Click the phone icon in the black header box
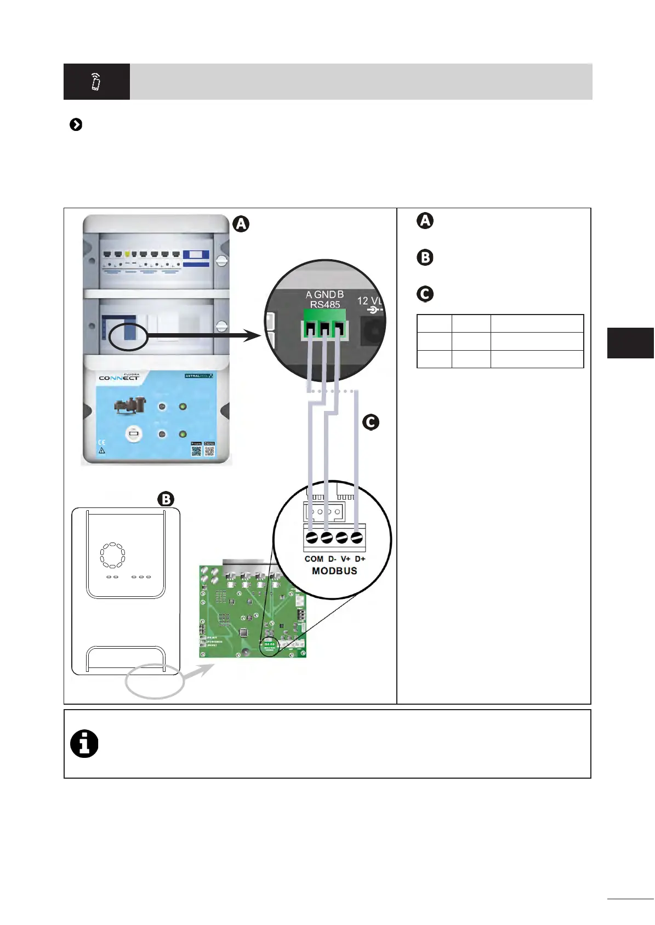point(96,82)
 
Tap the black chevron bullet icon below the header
point(76,125)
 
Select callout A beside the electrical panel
point(241,224)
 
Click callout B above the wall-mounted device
point(166,499)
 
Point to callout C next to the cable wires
point(371,422)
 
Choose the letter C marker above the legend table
point(425,294)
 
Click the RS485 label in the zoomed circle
point(325,305)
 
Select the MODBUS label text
point(334,571)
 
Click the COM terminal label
point(314,559)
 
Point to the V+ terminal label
point(346,559)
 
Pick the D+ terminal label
point(360,559)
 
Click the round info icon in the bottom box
point(84,744)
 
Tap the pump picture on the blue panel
point(130,406)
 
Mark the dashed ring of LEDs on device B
point(112,556)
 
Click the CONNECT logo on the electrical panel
point(119,378)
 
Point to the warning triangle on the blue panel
point(101,451)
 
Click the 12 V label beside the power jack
point(369,301)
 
